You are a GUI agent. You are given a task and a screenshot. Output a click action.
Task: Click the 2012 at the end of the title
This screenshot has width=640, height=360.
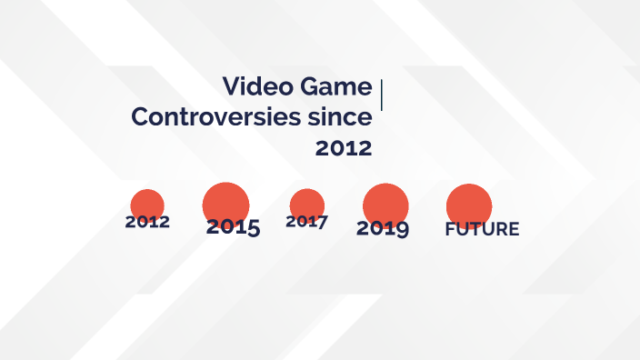point(344,148)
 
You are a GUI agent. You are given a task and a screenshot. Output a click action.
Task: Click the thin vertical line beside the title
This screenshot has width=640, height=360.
point(381,95)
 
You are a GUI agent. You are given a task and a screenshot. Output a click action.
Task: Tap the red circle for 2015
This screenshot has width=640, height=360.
point(225,203)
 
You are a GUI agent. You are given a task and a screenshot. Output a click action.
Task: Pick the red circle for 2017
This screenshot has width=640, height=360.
point(307,204)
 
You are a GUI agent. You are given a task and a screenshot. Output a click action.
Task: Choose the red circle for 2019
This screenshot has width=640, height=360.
point(385,204)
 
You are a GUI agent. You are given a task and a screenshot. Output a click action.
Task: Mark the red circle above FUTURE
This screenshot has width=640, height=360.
point(469,205)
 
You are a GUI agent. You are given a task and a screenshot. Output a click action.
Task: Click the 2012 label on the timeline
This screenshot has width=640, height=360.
point(147,222)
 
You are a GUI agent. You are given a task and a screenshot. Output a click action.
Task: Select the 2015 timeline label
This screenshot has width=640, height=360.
point(233,227)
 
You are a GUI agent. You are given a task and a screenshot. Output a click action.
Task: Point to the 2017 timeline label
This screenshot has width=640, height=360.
point(306,221)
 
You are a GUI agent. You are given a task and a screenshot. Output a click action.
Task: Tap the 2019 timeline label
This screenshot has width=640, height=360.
point(382,228)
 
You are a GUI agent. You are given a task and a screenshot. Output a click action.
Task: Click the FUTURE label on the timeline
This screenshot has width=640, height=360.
point(482,229)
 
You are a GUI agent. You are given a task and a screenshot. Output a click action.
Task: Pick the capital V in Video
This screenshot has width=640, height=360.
point(231,87)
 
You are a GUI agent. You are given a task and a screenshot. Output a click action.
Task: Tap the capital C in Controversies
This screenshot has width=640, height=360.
point(141,117)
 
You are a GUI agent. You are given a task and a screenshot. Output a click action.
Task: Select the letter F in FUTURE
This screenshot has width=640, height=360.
point(450,229)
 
